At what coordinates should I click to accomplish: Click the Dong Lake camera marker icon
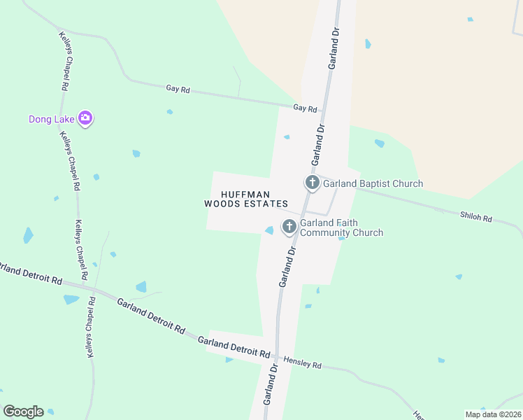86,118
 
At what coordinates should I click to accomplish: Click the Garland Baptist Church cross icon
312,183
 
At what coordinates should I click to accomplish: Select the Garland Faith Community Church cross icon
289,227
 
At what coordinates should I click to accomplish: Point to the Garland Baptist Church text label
373,184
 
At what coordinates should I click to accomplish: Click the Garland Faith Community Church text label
342,228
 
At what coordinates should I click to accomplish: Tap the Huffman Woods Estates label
245,199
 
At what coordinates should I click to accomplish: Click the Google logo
23,412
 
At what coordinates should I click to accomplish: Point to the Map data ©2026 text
492,414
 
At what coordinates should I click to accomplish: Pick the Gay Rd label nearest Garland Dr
305,109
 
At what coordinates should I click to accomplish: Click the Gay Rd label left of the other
178,90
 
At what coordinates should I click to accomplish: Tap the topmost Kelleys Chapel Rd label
63,61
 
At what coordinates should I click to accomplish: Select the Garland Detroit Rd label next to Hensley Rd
234,347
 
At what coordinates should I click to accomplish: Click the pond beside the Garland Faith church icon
269,230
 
